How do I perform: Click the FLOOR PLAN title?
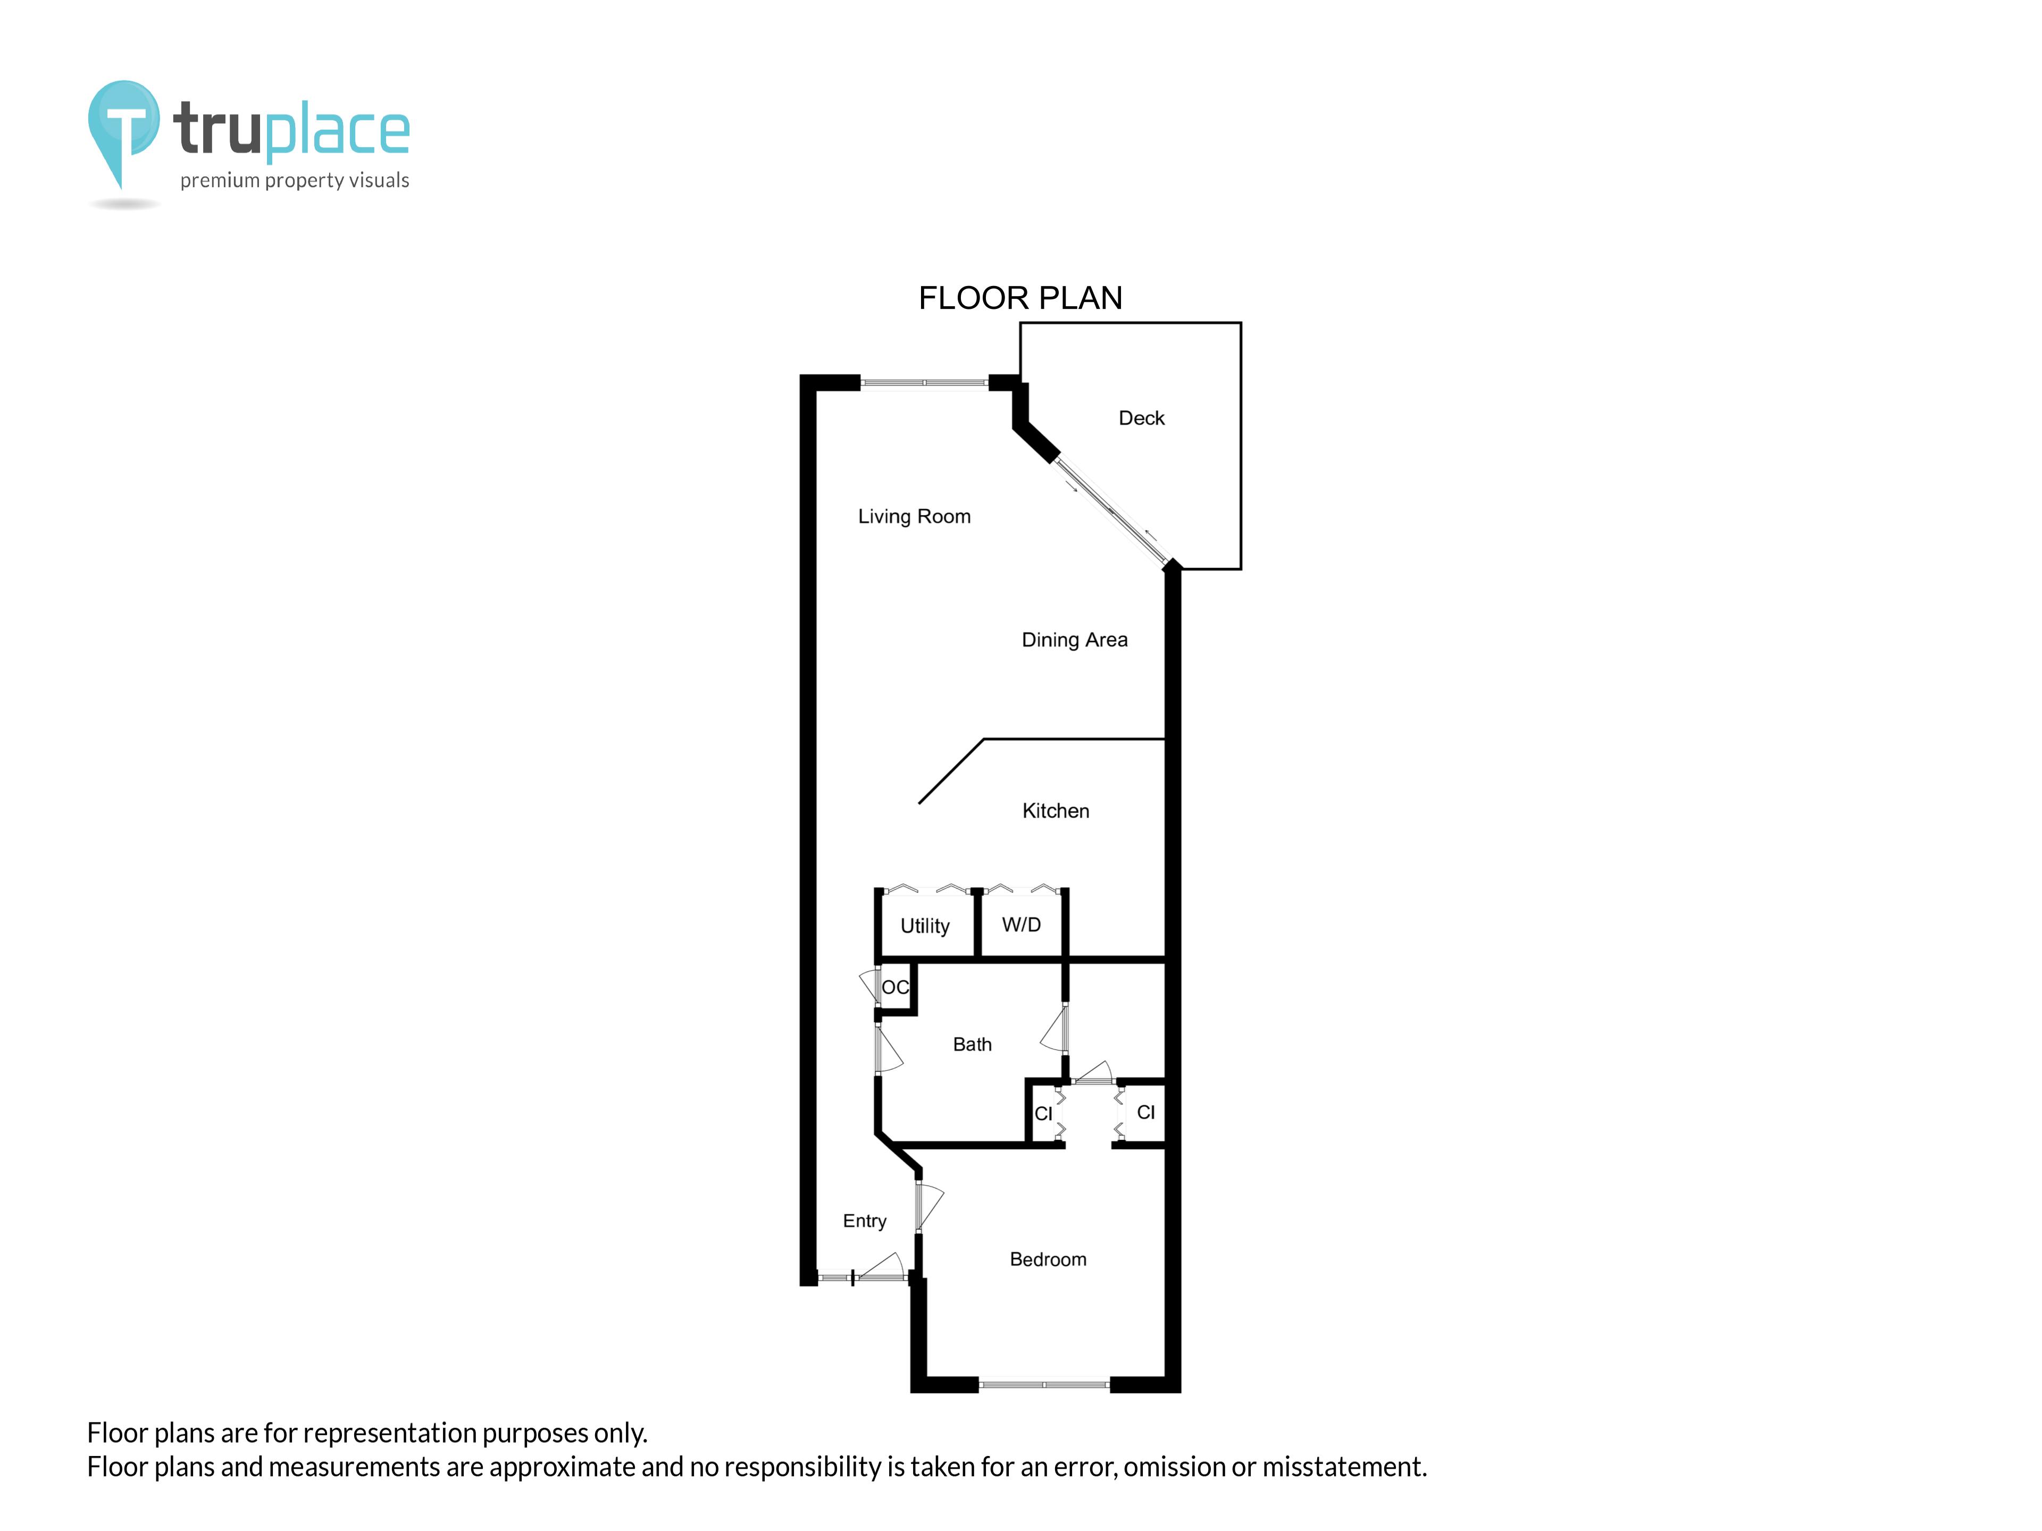pyautogui.click(x=1020, y=298)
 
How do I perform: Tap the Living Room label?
pyautogui.click(x=914, y=517)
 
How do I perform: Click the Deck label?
pyautogui.click(x=1141, y=418)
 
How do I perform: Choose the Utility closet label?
pyautogui.click(x=924, y=926)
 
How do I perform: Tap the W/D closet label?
pyautogui.click(x=1021, y=924)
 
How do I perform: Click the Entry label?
pyautogui.click(x=864, y=1221)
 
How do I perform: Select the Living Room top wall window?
pyautogui.click(x=924, y=382)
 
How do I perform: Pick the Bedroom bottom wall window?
pyautogui.click(x=1043, y=1384)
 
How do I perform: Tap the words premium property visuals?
pyautogui.click(x=295, y=181)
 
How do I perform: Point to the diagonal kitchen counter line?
pyautogui.click(x=951, y=771)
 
